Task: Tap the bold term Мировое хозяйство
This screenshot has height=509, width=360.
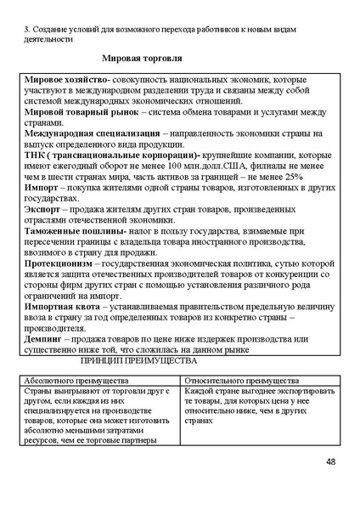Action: (x=65, y=78)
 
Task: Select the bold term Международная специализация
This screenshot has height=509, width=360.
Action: (x=92, y=133)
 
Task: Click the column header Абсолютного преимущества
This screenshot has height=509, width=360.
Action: (x=76, y=382)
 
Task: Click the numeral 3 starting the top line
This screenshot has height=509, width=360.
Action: (x=26, y=28)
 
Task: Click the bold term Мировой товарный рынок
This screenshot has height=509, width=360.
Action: (x=81, y=111)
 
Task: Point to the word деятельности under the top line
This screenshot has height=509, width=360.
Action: (x=50, y=39)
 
